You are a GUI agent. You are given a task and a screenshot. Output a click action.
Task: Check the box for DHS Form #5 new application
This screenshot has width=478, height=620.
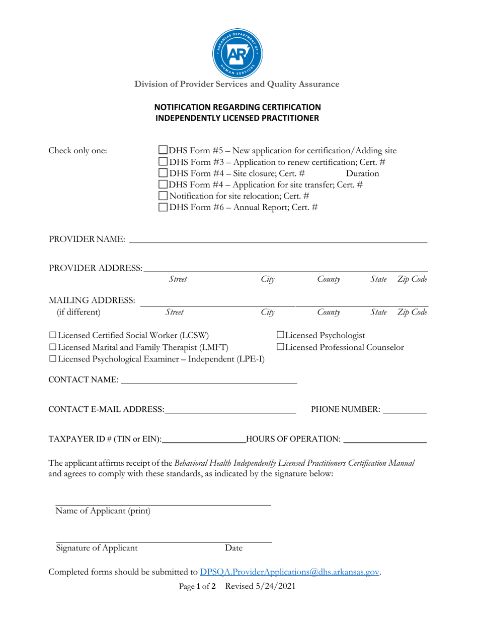(164, 150)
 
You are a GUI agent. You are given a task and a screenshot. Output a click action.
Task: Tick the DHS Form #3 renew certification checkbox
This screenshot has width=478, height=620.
(164, 161)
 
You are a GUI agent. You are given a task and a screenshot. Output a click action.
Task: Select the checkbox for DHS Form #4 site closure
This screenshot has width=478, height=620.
(164, 173)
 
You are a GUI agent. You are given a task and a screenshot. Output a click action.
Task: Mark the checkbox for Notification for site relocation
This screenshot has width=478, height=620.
(164, 196)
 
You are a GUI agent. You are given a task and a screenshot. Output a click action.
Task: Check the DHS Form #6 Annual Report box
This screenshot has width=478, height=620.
(164, 207)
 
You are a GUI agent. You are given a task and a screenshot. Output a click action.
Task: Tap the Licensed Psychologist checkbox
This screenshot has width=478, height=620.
(280, 335)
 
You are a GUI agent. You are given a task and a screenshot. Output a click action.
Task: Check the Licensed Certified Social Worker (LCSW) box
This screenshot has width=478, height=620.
(53, 335)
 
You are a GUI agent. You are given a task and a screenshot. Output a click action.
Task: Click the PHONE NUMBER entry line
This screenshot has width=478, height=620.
(404, 409)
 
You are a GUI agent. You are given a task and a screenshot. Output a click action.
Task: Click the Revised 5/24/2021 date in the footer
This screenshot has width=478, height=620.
(260, 586)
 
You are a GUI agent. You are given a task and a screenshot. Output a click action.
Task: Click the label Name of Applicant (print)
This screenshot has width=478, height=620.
(103, 511)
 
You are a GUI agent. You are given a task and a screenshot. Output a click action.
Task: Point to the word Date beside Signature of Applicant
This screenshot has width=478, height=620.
(233, 548)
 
